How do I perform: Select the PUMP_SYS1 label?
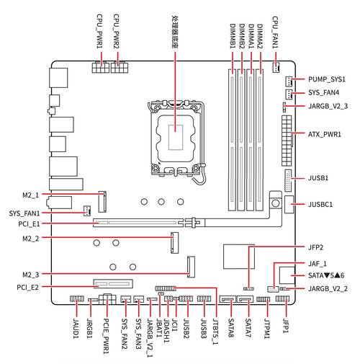327,79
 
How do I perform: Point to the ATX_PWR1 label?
324,135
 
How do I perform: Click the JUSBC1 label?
323,205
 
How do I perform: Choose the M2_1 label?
31,195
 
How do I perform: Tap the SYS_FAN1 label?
24,213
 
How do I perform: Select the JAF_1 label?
318,265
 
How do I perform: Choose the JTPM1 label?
266,332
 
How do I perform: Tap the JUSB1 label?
318,177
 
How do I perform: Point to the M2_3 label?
31,274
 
